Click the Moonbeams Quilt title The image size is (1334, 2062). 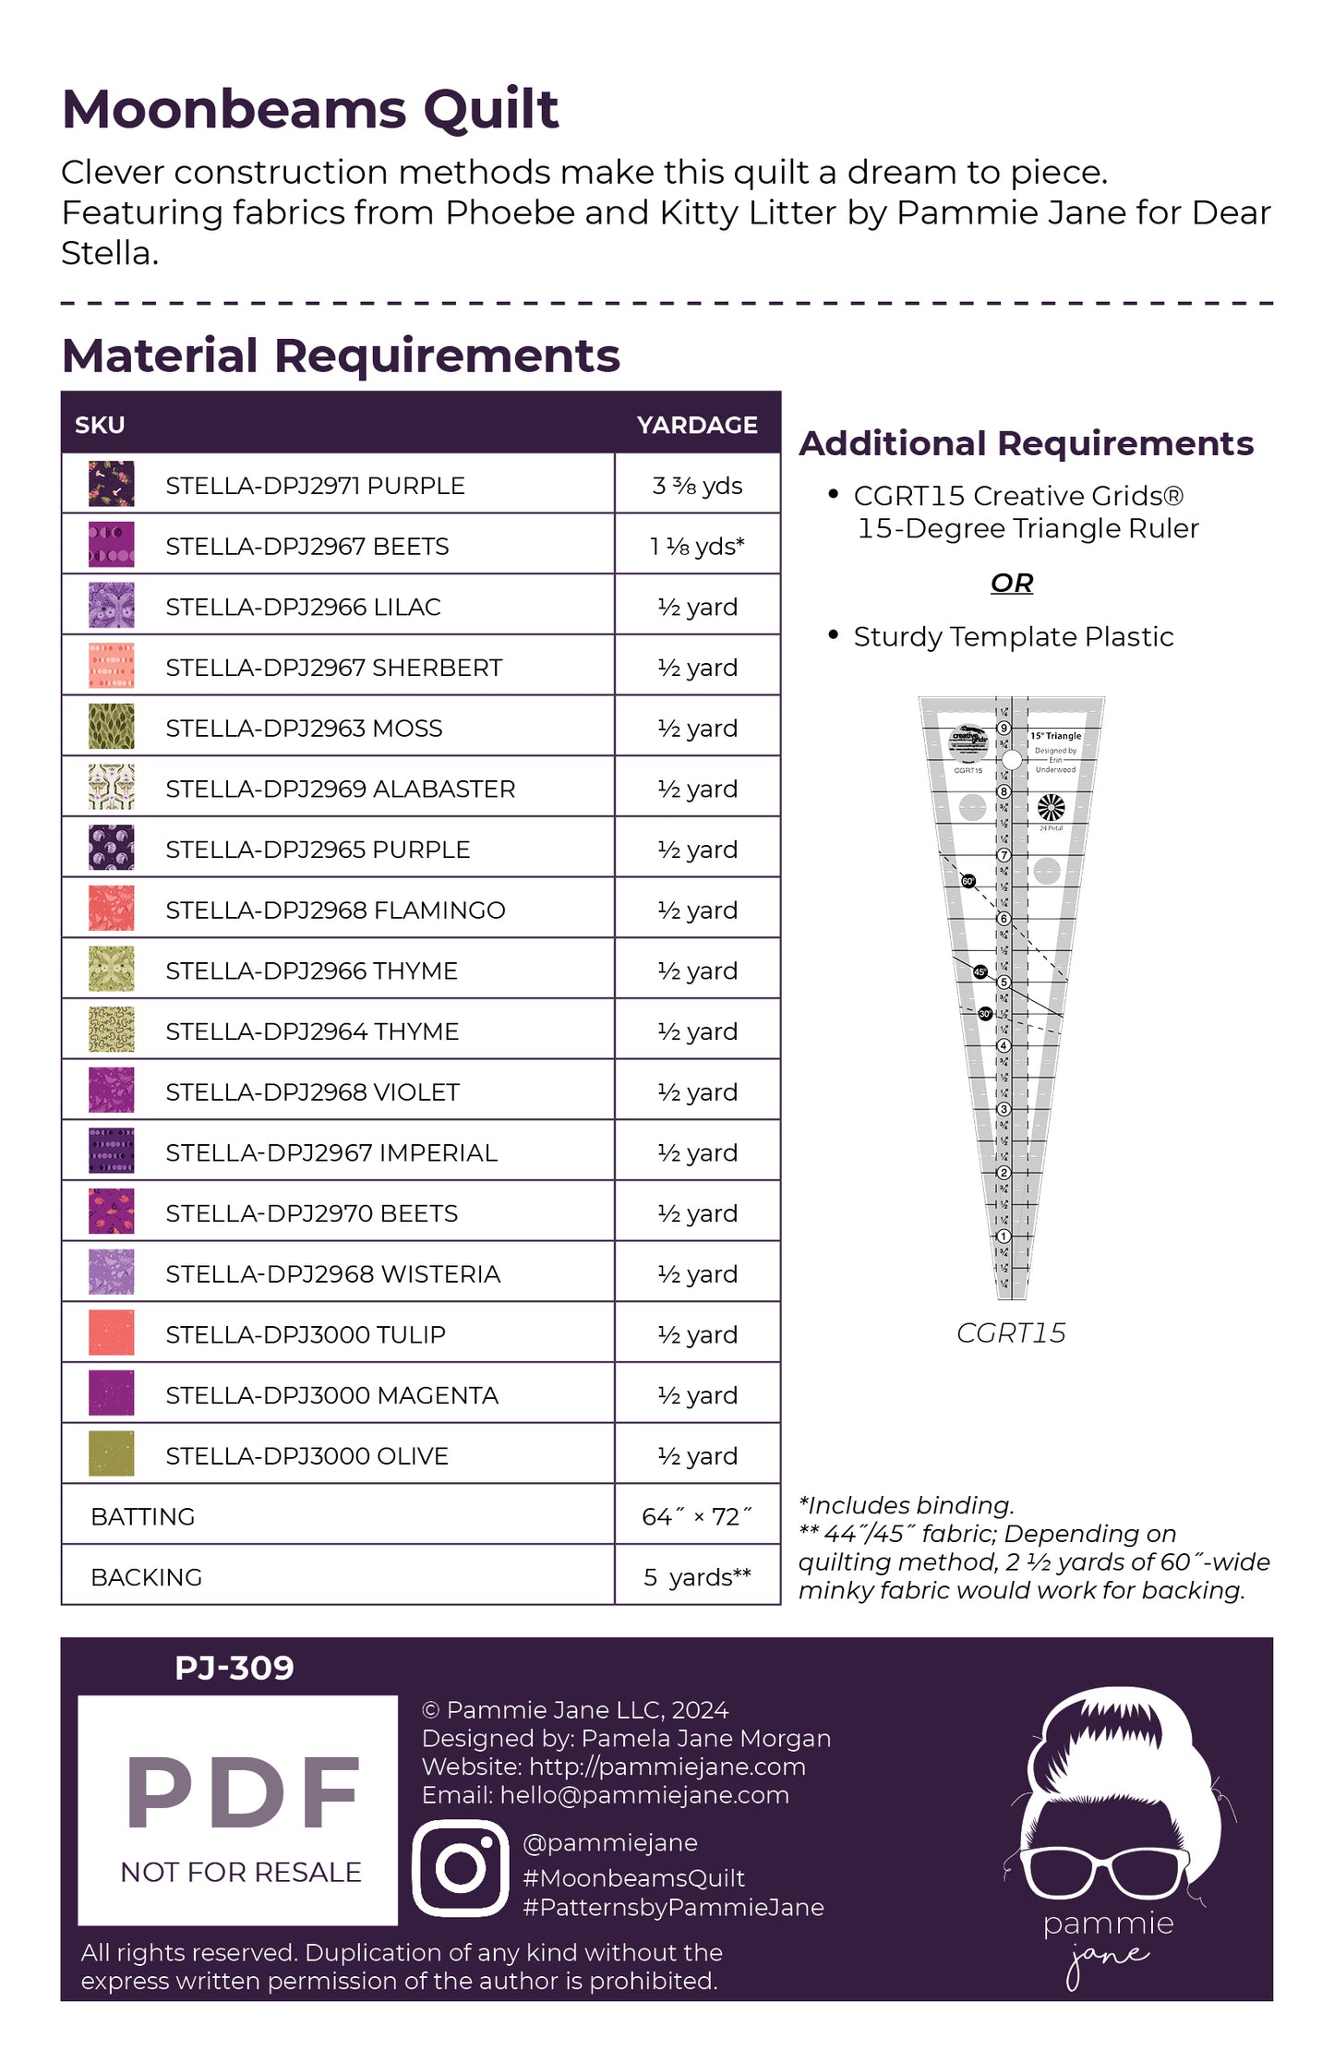pos(310,110)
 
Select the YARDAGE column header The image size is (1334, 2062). pos(697,425)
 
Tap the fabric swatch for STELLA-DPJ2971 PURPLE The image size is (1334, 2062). pos(111,485)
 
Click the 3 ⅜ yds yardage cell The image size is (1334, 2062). pos(697,486)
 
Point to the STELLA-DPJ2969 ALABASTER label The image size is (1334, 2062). pos(340,790)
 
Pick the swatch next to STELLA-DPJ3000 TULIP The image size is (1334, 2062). pos(111,1333)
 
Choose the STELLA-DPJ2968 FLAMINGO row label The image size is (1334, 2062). pos(335,910)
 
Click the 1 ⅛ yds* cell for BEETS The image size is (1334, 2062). pos(697,547)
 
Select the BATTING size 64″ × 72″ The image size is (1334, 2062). pos(697,1516)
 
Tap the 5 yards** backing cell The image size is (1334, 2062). pos(697,1577)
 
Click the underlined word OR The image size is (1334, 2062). pos(1012,583)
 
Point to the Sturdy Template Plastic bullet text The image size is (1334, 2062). pos(1013,637)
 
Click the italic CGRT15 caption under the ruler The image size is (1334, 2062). pos(1011,1332)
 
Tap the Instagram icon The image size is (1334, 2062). pos(461,1868)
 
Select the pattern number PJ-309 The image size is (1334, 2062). pos(234,1668)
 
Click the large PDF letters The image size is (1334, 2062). pos(242,1793)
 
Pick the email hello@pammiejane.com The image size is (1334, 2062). pos(644,1795)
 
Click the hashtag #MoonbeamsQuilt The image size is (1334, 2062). pos(633,1877)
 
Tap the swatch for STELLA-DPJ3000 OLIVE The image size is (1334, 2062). pos(111,1454)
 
